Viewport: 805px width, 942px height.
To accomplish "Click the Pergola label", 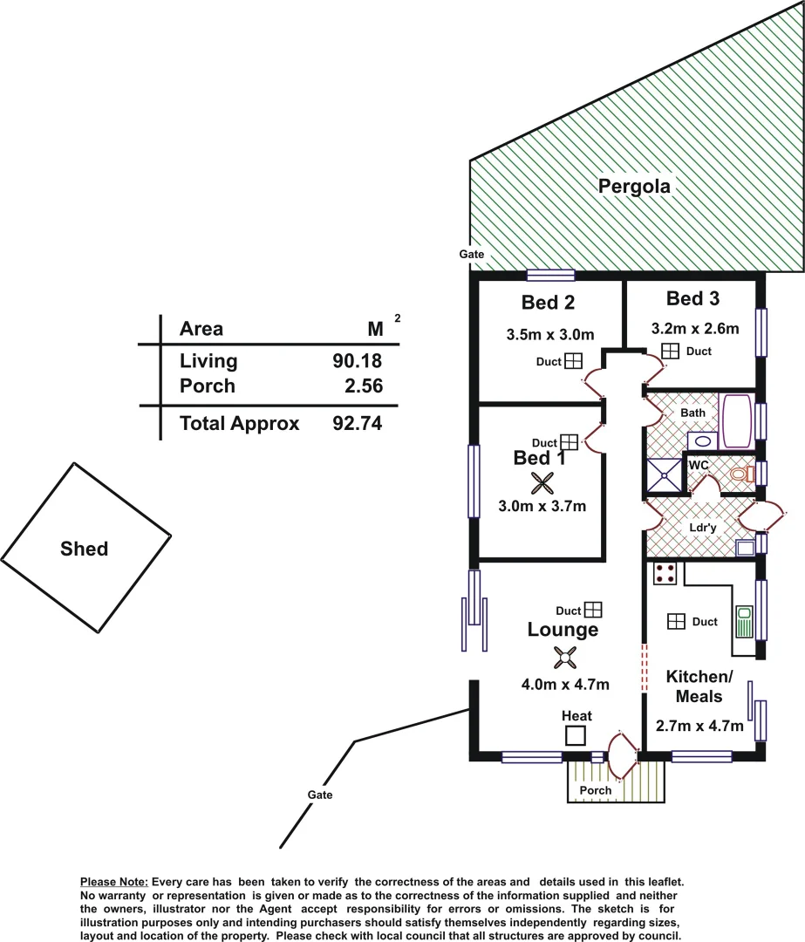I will coord(634,186).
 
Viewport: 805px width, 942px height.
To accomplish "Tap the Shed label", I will coord(85,549).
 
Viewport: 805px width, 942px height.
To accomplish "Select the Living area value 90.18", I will coord(358,361).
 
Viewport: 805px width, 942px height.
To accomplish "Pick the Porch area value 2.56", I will coord(364,386).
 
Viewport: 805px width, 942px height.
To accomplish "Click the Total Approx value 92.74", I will coord(358,424).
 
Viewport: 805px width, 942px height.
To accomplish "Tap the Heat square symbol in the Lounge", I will coord(576,735).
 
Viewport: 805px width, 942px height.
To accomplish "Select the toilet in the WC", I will coord(740,474).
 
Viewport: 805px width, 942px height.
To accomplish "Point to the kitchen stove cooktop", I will coord(665,574).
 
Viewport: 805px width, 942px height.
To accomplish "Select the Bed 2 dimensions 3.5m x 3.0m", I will coord(550,334).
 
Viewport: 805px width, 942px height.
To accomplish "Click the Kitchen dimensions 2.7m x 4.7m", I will coord(699,726).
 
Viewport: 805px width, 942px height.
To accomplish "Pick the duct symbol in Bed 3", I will coord(670,351).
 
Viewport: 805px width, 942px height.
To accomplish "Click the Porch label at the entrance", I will coord(597,790).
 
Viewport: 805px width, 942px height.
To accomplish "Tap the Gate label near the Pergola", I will coord(472,254).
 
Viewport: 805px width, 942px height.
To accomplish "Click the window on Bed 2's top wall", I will coord(550,276).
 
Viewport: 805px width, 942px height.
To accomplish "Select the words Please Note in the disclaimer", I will coord(114,883).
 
